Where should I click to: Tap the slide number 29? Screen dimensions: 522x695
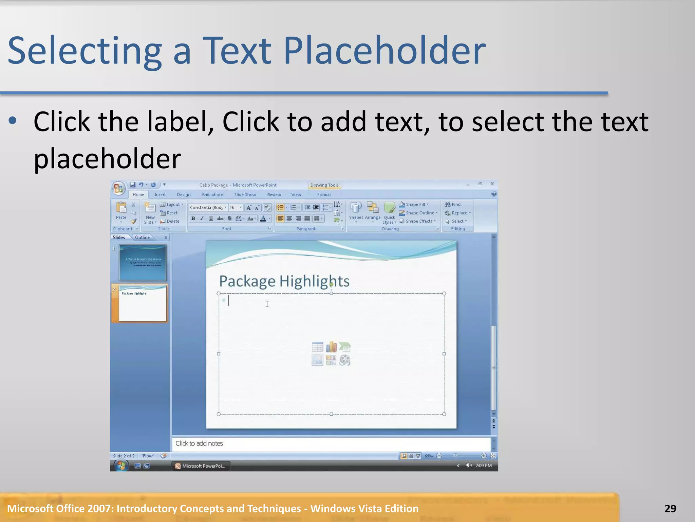click(x=670, y=508)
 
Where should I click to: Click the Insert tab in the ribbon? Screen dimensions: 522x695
click(x=160, y=195)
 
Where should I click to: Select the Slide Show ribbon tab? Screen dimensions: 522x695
click(x=245, y=195)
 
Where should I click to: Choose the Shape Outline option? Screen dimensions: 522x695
click(x=419, y=213)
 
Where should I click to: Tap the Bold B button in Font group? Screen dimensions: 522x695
click(x=193, y=219)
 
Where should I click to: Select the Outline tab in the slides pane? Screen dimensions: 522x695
click(x=142, y=238)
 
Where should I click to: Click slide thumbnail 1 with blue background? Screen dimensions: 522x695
click(x=143, y=262)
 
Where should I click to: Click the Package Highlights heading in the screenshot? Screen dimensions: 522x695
click(x=284, y=281)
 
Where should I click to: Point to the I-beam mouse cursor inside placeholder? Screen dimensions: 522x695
click(x=267, y=304)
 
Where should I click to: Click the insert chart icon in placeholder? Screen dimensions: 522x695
click(x=331, y=347)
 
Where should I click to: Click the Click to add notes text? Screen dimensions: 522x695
click(x=199, y=443)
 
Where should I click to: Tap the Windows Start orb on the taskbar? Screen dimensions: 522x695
click(x=121, y=466)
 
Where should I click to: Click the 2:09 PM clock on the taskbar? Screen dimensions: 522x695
click(x=483, y=466)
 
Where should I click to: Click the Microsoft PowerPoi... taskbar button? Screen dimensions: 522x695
click(x=201, y=466)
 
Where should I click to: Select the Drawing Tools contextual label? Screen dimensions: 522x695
click(x=324, y=185)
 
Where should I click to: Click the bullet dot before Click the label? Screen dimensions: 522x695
click(x=13, y=120)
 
